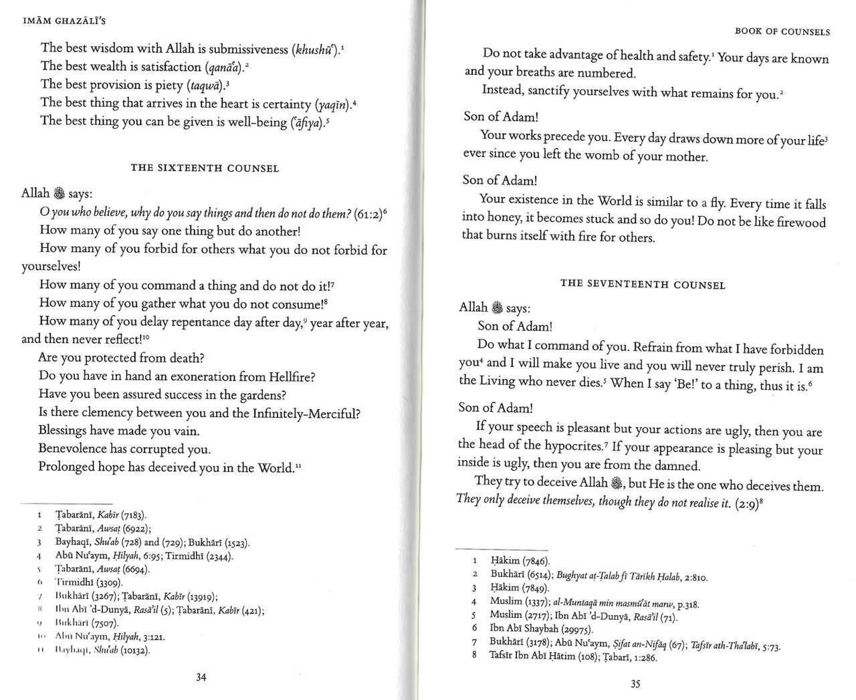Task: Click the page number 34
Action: (x=201, y=677)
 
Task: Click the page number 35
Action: (x=635, y=684)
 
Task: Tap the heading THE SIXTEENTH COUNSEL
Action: (x=205, y=168)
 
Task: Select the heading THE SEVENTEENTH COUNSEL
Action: (x=642, y=284)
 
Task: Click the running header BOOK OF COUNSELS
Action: (x=782, y=31)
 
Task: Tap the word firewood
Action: (x=800, y=223)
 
